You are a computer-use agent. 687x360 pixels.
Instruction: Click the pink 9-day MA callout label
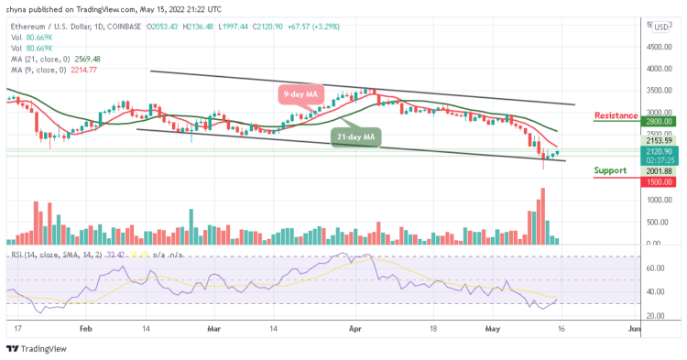click(300, 93)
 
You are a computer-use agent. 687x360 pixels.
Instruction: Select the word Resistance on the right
click(616, 115)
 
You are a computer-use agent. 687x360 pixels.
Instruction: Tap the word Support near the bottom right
click(609, 170)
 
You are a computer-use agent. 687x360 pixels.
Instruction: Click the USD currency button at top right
click(661, 27)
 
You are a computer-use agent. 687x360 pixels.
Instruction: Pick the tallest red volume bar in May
click(543, 216)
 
